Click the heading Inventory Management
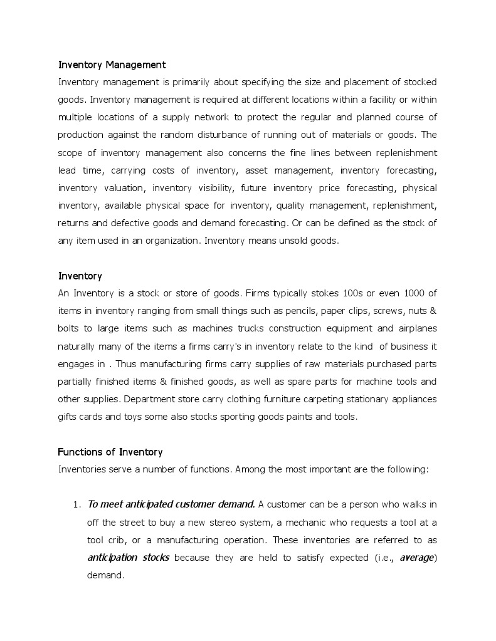click(112, 65)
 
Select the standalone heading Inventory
click(80, 276)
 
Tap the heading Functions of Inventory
click(110, 452)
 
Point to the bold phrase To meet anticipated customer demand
click(171, 504)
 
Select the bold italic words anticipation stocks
click(128, 557)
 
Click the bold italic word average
click(416, 557)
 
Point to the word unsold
click(284, 241)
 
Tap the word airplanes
click(417, 328)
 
